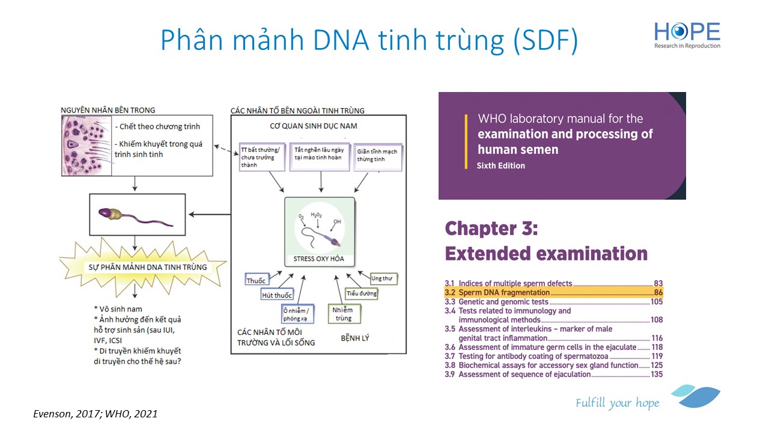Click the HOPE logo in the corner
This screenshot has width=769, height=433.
(x=687, y=35)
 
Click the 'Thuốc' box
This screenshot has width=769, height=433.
(x=257, y=279)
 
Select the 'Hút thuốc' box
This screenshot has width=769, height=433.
(x=277, y=294)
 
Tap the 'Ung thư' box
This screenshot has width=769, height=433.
(x=383, y=278)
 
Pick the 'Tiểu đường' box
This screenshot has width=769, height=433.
(x=361, y=293)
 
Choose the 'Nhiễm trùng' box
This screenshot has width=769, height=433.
(x=344, y=313)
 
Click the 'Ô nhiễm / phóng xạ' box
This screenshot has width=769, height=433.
(x=297, y=314)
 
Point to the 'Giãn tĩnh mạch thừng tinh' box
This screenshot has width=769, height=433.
(x=377, y=157)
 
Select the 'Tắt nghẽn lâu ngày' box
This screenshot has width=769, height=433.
(x=319, y=157)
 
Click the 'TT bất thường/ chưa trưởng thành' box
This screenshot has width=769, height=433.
(x=262, y=157)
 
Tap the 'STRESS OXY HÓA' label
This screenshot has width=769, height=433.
(x=318, y=259)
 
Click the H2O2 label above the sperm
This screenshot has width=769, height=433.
(x=316, y=215)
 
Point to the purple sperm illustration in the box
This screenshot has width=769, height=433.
(x=135, y=217)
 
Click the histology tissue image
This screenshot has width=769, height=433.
(x=87, y=146)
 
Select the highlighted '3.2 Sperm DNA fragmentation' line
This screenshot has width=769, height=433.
(x=553, y=292)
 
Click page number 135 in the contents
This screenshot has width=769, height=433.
(x=657, y=374)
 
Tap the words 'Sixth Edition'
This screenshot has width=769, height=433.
(x=500, y=165)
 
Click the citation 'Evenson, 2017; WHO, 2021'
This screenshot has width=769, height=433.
(x=96, y=414)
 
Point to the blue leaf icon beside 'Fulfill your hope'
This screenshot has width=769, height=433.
(x=697, y=396)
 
